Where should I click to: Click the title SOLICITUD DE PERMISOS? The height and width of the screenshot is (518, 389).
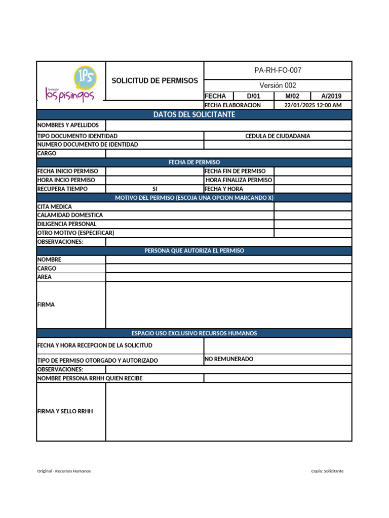tap(154, 81)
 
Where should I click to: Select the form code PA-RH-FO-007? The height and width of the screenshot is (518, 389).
tap(278, 70)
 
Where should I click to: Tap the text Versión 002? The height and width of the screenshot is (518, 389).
tap(278, 85)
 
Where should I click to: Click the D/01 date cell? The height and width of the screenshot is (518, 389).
tap(253, 96)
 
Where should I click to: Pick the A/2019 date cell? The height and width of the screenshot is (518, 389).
tap(331, 96)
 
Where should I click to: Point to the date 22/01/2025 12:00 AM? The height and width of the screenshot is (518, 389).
tap(313, 105)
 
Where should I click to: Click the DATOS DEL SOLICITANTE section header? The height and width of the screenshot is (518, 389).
tap(194, 115)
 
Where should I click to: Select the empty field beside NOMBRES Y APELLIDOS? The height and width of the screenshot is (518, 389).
tap(228, 125)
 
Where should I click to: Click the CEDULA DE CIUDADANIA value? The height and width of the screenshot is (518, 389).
tap(278, 136)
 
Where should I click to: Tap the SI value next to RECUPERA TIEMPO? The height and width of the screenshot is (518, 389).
tap(155, 189)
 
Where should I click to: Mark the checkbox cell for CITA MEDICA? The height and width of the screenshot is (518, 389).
tap(313, 206)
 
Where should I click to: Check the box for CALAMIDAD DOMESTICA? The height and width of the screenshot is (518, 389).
tap(313, 215)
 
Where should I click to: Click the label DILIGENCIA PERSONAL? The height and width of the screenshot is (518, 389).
tap(67, 224)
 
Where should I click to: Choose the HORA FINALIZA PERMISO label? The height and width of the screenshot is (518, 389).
tap(239, 180)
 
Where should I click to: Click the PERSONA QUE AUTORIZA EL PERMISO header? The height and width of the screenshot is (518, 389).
tap(194, 251)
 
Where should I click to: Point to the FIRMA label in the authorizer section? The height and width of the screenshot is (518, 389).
tap(46, 305)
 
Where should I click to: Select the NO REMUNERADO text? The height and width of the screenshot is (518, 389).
tap(229, 359)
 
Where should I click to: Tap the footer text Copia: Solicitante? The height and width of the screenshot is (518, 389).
tap(327, 471)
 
